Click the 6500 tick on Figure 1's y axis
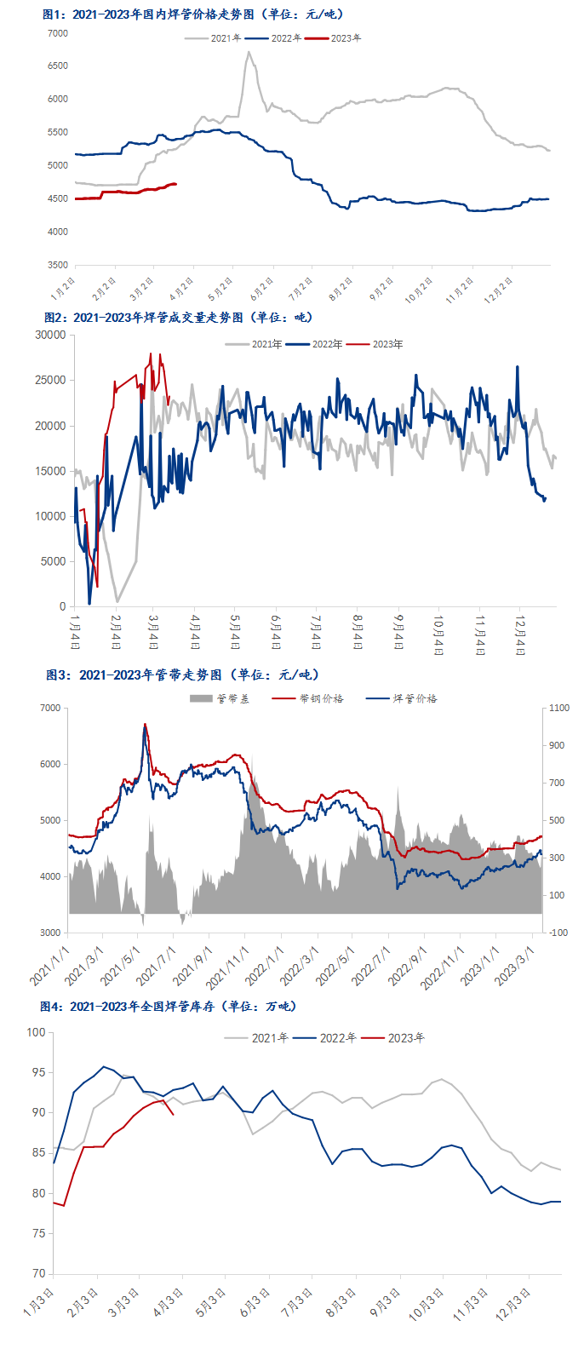(58, 66)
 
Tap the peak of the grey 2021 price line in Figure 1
(249, 52)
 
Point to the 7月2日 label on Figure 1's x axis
(301, 289)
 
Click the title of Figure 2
(178, 317)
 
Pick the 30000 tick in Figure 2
(50, 336)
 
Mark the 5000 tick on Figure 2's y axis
(54, 562)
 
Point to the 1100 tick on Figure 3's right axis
(559, 708)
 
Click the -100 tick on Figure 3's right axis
(559, 933)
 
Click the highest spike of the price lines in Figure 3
(145, 725)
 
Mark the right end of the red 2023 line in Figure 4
(174, 1114)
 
